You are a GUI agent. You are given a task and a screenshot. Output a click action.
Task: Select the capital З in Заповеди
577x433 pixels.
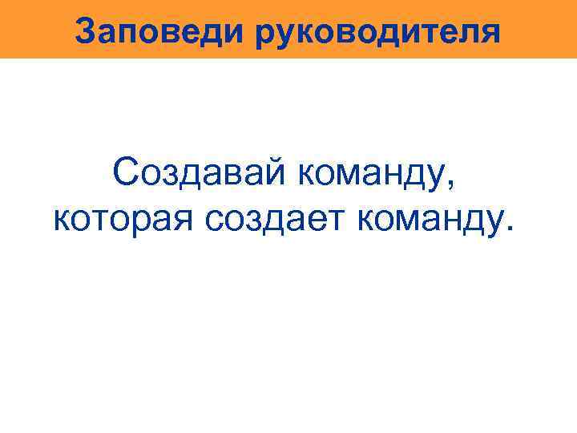coord(84,32)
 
